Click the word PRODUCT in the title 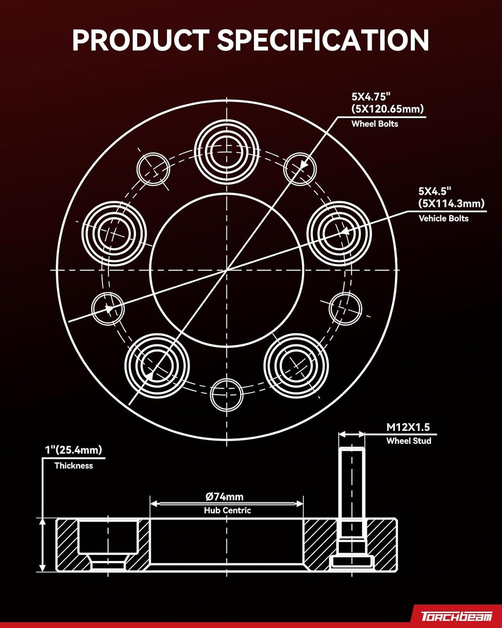[140, 40]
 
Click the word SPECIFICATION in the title [323, 40]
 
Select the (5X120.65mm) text [387, 109]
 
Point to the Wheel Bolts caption [374, 124]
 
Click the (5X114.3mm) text [451, 203]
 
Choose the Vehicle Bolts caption [443, 219]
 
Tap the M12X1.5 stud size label [408, 427]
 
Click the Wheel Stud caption [408, 441]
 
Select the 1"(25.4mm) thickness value [74, 450]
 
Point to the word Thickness [74, 466]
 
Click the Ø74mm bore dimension [225, 497]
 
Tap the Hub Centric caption [227, 510]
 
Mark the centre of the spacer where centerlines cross [227, 270]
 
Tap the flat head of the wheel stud [352, 561]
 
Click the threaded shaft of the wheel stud [352, 481]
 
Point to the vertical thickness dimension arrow [42, 544]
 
